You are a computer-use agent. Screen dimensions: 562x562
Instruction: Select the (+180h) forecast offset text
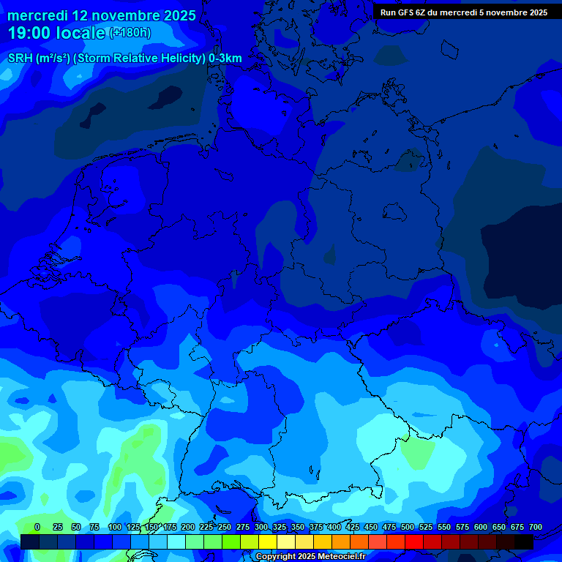point(130,33)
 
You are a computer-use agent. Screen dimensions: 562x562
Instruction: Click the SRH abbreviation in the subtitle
point(20,59)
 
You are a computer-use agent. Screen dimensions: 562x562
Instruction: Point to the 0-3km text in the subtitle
point(225,59)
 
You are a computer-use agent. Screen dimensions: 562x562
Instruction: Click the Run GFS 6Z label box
point(464,12)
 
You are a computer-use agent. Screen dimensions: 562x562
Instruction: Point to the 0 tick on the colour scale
point(37,527)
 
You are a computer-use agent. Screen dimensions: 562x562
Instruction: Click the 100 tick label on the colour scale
point(115,527)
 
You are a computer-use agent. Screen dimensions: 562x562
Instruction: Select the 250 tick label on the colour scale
point(225,527)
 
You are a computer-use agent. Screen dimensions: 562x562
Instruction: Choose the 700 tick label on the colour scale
point(536,527)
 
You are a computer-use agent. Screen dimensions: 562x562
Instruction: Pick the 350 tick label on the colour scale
point(298,527)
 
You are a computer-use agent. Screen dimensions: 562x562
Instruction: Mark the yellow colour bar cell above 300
point(268,542)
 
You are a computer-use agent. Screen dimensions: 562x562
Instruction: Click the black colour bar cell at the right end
point(524,542)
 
